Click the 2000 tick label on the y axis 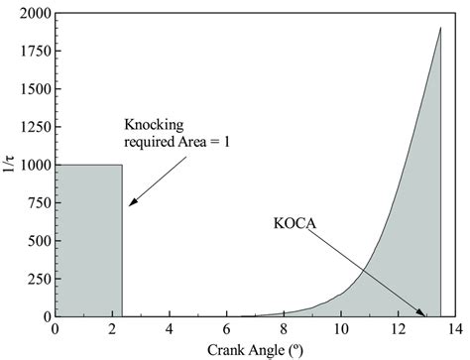[x=36, y=14]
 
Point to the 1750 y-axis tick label [x=36, y=52]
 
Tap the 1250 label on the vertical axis [x=36, y=127]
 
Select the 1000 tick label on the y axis [x=36, y=165]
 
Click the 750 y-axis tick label [x=40, y=203]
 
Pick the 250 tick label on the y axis [x=40, y=279]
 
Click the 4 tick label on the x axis [x=170, y=329]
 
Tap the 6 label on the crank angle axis [x=226, y=329]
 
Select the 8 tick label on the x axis [x=284, y=329]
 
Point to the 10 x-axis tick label [x=341, y=329]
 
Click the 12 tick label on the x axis [x=398, y=329]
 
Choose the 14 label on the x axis [x=455, y=329]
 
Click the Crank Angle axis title [x=255, y=350]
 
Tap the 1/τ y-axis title [x=9, y=165]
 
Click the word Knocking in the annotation [x=154, y=125]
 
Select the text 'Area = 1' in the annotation [x=203, y=142]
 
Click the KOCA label [x=294, y=223]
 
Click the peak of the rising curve [x=441, y=28]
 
